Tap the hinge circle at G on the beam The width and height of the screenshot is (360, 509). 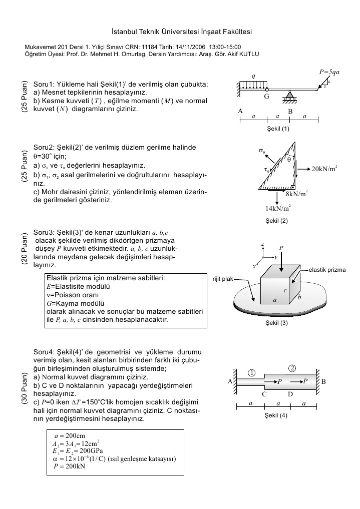point(266,90)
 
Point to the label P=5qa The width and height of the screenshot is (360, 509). point(329,72)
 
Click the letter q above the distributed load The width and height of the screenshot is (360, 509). point(253,76)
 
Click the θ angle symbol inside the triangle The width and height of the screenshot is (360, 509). point(289,159)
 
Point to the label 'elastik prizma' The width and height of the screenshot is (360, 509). point(327,270)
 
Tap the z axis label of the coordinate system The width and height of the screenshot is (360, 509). point(262,244)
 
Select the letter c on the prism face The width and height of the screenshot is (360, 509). point(285,290)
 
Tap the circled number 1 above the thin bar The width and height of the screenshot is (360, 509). point(252,373)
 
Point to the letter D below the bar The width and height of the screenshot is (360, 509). point(290,394)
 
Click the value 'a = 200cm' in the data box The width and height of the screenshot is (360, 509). point(69,435)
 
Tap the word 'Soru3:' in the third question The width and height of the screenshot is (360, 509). point(43,233)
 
